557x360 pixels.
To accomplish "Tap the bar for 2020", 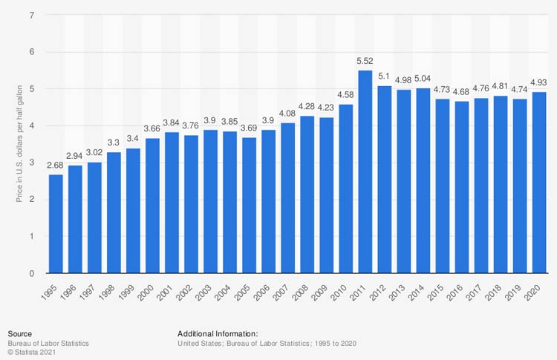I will click(x=538, y=183).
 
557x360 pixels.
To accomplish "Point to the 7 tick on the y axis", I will click(x=33, y=15).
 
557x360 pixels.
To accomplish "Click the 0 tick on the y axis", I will click(x=33, y=273).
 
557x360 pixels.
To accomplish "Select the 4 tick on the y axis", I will click(x=33, y=125).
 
